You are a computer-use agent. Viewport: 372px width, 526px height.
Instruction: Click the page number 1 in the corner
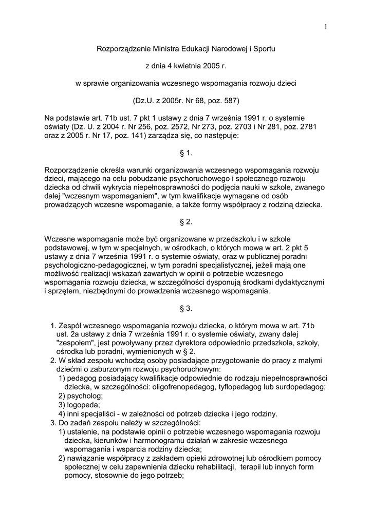pos(326,27)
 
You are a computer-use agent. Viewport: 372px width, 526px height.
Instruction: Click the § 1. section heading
pos(185,153)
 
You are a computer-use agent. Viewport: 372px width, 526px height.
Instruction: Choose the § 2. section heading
pos(185,222)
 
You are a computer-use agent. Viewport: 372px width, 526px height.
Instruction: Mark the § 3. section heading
pos(185,308)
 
